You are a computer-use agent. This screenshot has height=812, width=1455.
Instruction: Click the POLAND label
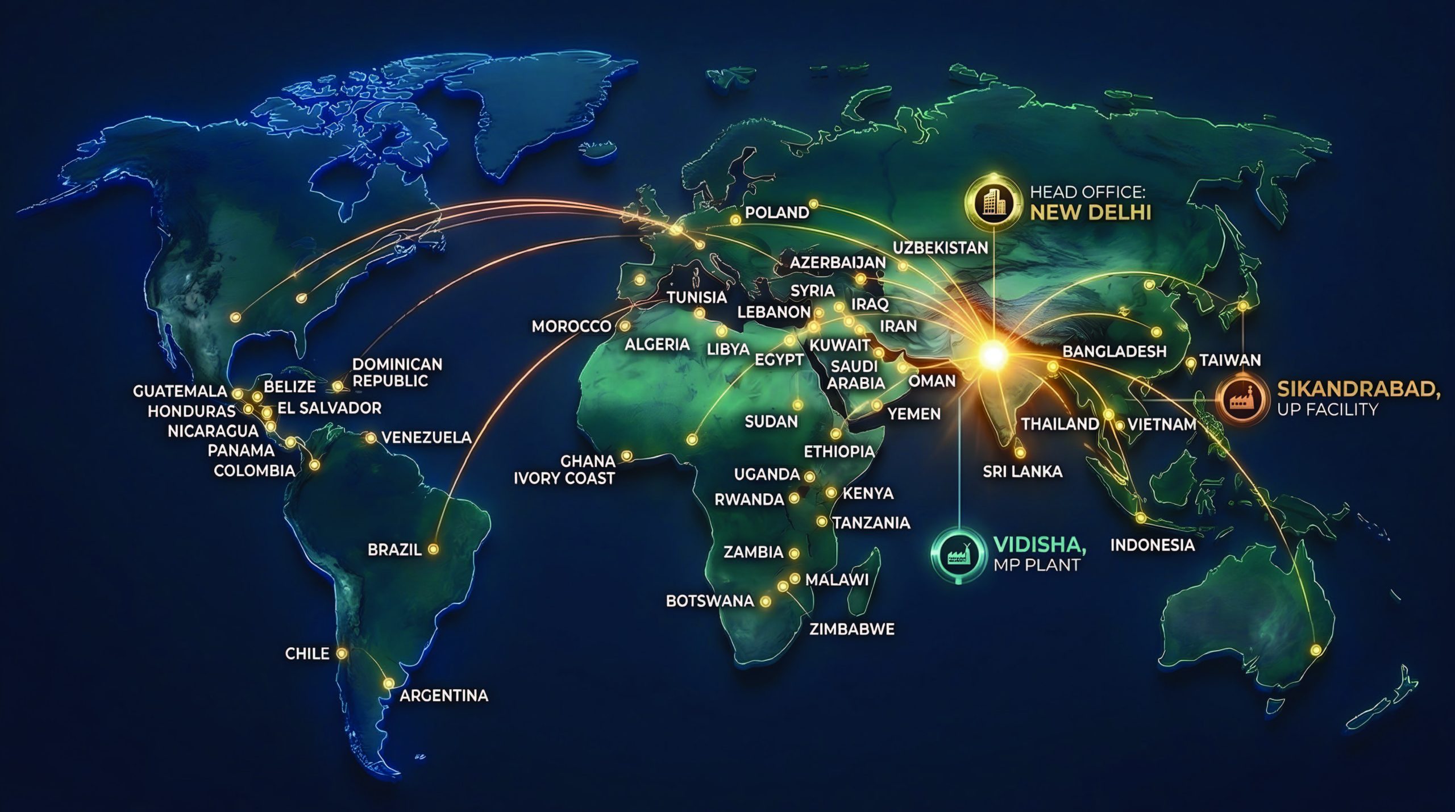pyautogui.click(x=777, y=213)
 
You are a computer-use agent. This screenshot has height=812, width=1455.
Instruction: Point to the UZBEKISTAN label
pyautogui.click(x=940, y=248)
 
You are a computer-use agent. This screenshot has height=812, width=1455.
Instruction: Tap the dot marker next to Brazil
pyautogui.click(x=433, y=549)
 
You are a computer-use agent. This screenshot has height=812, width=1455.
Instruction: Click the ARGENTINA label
pyautogui.click(x=444, y=696)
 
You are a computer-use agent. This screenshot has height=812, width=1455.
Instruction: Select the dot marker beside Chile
pyautogui.click(x=342, y=653)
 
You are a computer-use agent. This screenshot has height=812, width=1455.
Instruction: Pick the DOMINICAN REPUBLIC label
pyautogui.click(x=397, y=372)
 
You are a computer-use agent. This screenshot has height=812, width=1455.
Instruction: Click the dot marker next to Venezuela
pyautogui.click(x=371, y=438)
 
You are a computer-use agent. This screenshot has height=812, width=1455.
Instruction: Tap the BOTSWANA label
pyautogui.click(x=709, y=601)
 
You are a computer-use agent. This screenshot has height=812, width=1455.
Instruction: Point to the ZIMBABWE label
pyautogui.click(x=851, y=629)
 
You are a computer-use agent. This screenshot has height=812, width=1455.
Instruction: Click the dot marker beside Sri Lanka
pyautogui.click(x=1021, y=452)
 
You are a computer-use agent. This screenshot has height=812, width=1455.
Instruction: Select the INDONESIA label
pyautogui.click(x=1152, y=545)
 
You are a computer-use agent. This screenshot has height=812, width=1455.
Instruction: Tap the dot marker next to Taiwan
pyautogui.click(x=1191, y=363)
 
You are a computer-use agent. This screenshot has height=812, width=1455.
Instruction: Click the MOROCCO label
pyautogui.click(x=571, y=326)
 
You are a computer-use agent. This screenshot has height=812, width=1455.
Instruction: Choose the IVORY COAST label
pyautogui.click(x=564, y=478)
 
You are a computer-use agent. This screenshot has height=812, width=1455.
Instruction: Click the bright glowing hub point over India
pyautogui.click(x=993, y=355)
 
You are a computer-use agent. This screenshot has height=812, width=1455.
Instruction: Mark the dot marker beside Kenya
pyautogui.click(x=831, y=493)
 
